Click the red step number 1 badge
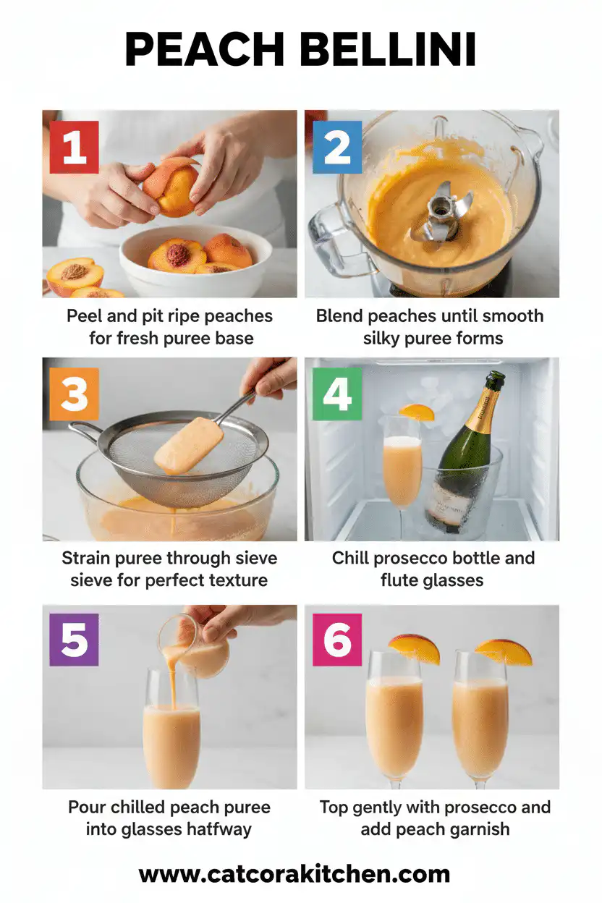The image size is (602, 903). (x=74, y=148)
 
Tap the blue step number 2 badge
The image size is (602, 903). (x=336, y=148)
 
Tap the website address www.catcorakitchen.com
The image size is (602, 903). (x=294, y=873)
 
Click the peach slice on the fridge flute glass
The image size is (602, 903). (x=417, y=412)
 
